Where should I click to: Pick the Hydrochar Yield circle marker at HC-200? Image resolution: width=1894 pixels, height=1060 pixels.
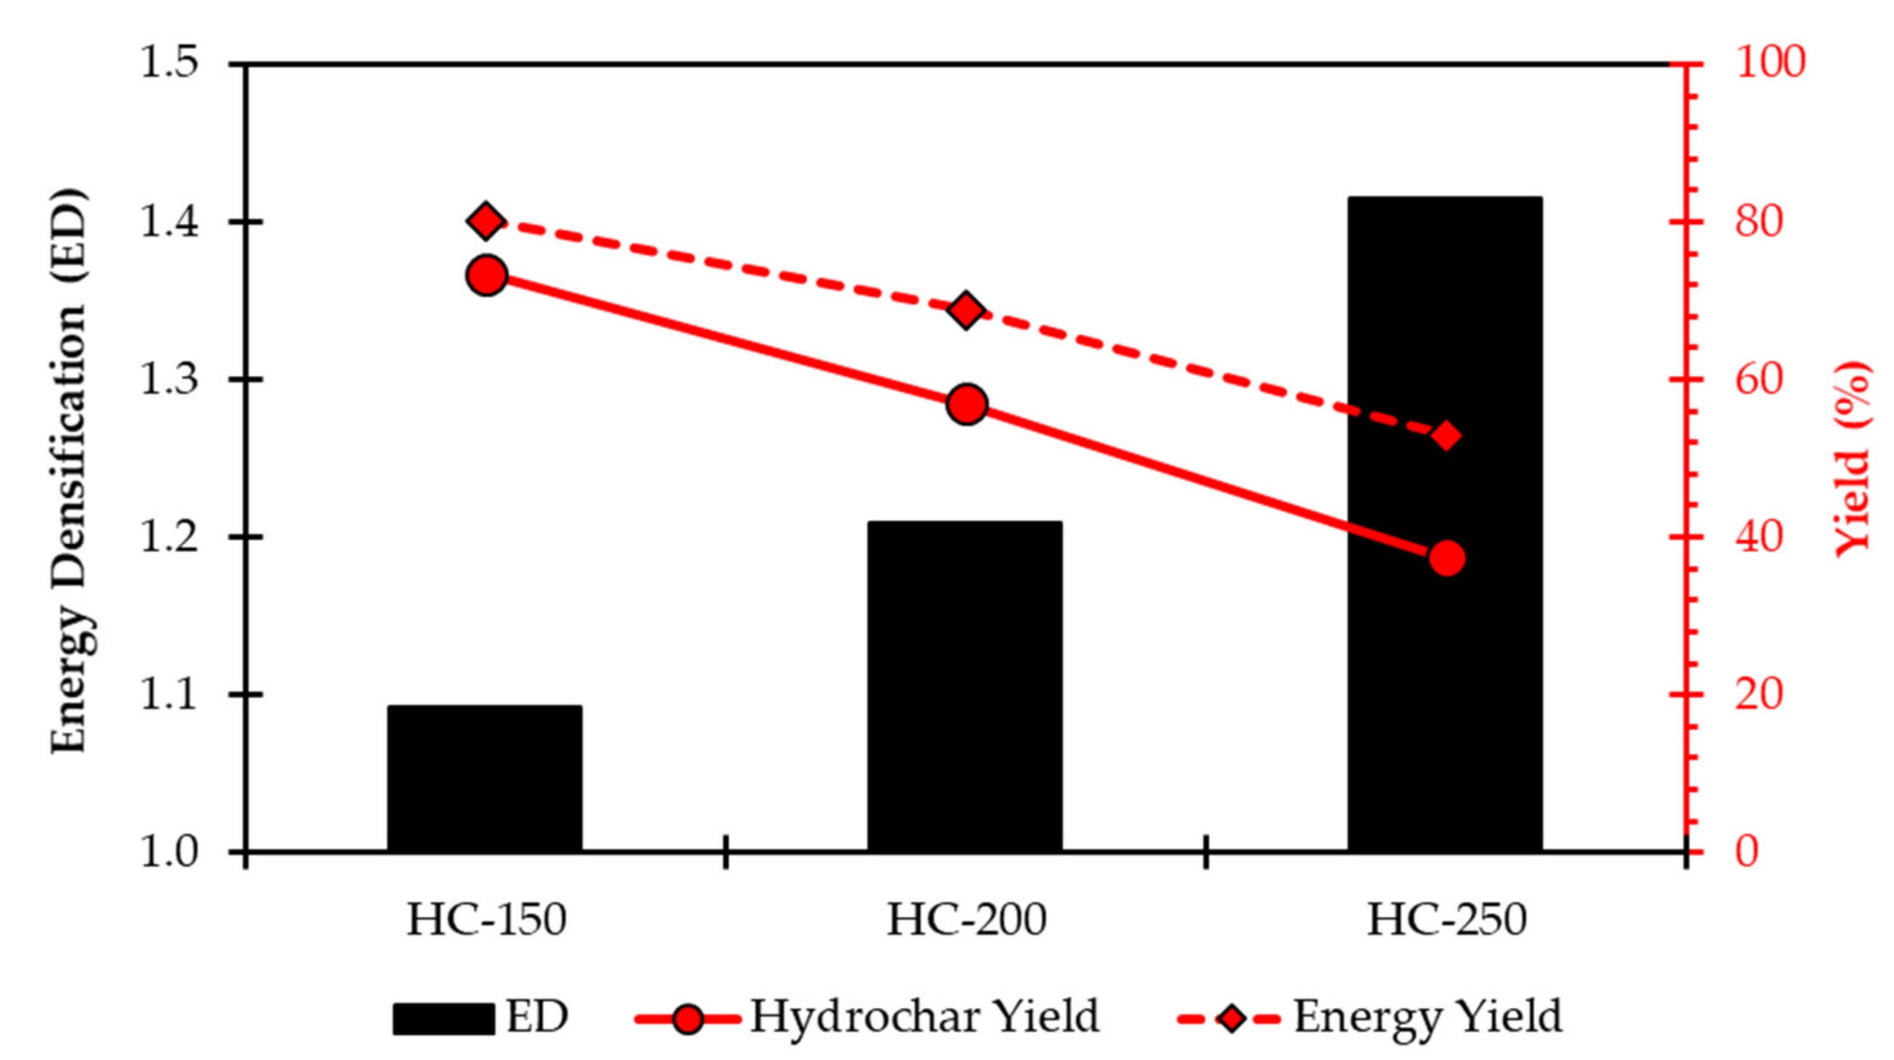(x=966, y=404)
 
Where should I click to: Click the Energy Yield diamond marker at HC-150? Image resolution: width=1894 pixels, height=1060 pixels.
(x=486, y=221)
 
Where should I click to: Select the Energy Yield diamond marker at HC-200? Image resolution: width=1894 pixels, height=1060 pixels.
(x=966, y=310)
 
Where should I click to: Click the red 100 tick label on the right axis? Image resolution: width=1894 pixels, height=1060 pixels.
(x=1770, y=63)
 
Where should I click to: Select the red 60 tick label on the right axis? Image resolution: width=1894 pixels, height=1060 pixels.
(x=1759, y=381)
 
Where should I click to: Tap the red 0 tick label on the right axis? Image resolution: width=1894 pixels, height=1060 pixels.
(x=1747, y=852)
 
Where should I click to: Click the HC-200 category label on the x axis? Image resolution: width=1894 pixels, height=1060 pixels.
(x=966, y=920)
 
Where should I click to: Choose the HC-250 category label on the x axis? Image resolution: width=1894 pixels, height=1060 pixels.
(x=1446, y=920)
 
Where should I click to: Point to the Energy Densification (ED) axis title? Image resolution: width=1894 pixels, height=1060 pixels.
(x=68, y=471)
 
